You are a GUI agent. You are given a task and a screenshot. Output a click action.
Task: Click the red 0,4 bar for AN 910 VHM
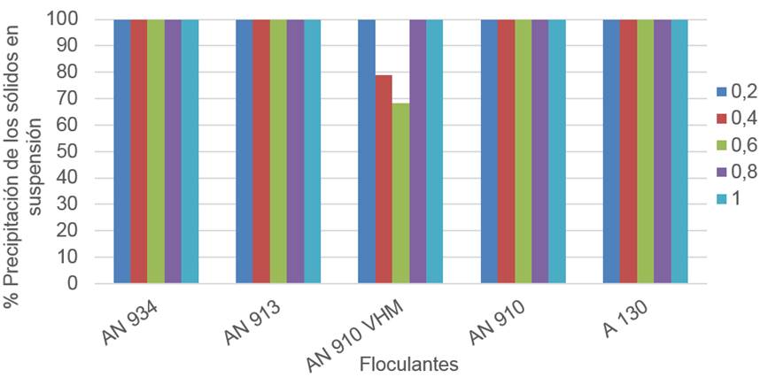(384, 180)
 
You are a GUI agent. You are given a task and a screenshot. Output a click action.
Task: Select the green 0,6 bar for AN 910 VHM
(400, 194)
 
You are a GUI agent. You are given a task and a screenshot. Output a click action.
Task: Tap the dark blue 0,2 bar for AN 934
(122, 150)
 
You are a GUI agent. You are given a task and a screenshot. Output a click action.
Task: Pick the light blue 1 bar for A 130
(679, 150)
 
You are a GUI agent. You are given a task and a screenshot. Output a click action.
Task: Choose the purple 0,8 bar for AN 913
(295, 150)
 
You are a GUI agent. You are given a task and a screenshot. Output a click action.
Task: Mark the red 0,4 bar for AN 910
(506, 150)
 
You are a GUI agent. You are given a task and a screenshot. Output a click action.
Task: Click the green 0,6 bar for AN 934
(156, 150)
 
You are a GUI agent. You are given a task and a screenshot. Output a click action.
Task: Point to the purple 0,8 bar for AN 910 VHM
(417, 150)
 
